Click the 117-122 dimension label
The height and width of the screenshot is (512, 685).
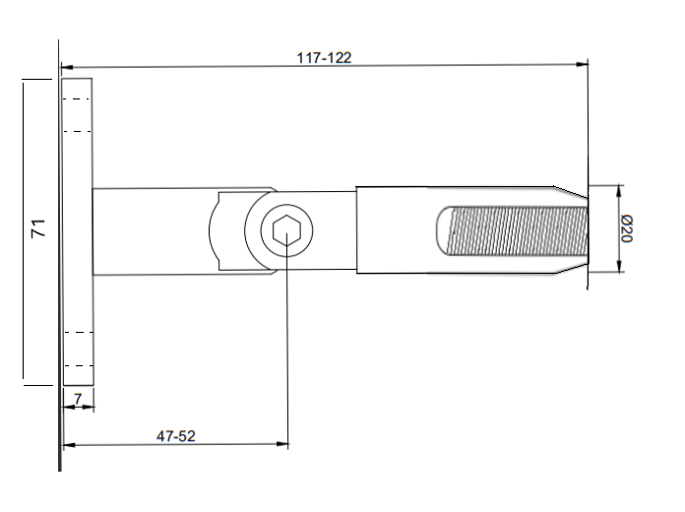(324, 57)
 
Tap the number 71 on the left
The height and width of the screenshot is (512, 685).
(38, 229)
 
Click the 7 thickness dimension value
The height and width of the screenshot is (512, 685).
(78, 400)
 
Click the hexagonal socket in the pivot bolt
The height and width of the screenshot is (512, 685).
(286, 230)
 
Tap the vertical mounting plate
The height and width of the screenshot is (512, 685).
(77, 231)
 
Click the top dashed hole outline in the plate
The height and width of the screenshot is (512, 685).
(77, 114)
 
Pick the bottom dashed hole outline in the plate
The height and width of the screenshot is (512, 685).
(77, 349)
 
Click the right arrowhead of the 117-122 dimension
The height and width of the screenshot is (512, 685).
(583, 65)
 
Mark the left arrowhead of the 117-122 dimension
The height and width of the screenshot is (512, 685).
(67, 68)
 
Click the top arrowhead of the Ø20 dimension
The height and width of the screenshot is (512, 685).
(618, 190)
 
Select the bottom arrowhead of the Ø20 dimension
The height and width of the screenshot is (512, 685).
(618, 268)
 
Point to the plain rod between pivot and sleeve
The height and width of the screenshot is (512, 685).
(335, 230)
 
